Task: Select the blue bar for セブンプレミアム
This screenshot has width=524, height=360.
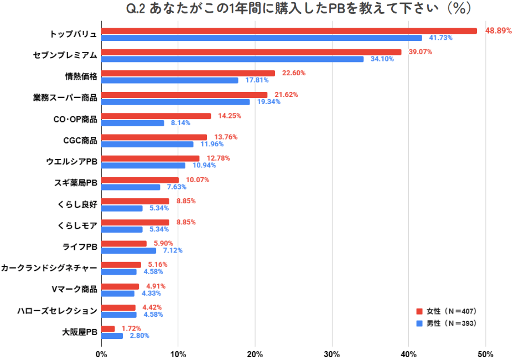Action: (x=232, y=59)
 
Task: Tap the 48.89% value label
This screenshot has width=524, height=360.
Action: (x=499, y=31)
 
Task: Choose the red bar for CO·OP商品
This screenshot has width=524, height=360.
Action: (x=156, y=116)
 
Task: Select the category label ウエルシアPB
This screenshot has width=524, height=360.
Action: (x=72, y=162)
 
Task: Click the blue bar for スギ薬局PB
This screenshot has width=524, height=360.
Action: (x=131, y=187)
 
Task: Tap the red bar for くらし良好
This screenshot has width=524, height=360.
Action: (x=135, y=201)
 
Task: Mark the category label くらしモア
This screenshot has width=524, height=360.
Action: (x=77, y=225)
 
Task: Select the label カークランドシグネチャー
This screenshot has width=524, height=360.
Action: (x=49, y=268)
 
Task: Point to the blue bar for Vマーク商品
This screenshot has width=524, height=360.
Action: (x=118, y=294)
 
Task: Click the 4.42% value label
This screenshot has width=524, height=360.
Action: (x=153, y=307)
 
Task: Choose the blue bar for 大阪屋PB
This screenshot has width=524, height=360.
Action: (x=112, y=336)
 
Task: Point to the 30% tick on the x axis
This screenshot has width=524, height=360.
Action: (x=331, y=354)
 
